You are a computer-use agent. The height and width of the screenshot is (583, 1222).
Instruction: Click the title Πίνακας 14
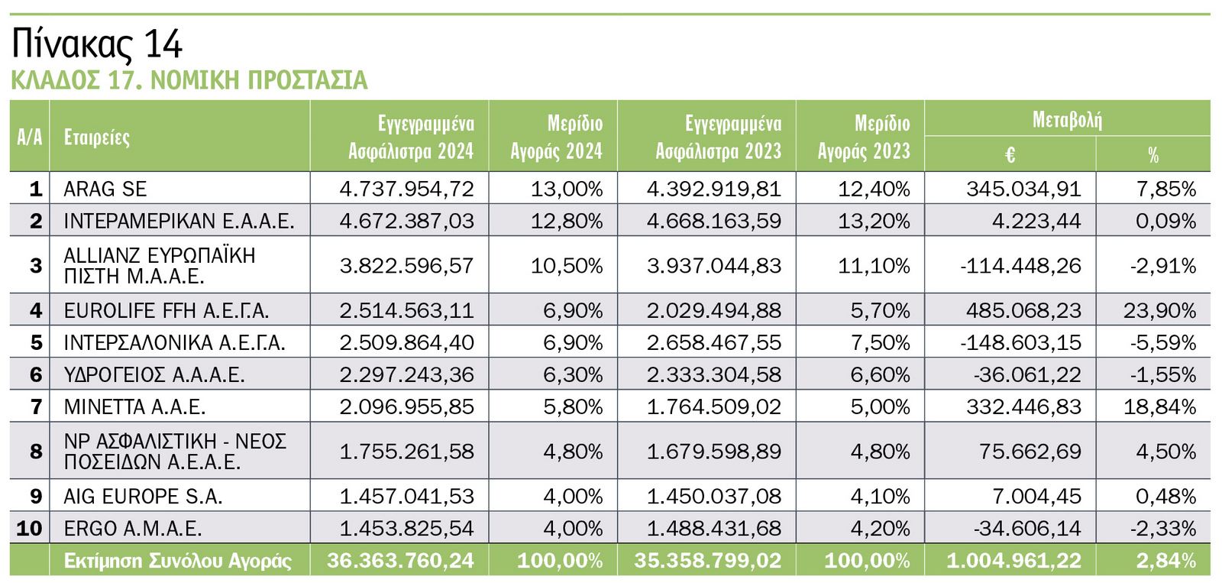(97, 44)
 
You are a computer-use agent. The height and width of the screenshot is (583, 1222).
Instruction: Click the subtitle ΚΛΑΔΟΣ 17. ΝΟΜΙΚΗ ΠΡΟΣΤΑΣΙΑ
(189, 80)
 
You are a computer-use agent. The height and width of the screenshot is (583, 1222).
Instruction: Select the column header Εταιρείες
(97, 137)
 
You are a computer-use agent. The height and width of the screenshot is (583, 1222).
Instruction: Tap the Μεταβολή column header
(1066, 120)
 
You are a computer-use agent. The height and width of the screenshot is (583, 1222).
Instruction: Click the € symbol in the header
(1009, 155)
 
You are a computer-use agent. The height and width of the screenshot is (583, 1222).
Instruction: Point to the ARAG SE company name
(105, 189)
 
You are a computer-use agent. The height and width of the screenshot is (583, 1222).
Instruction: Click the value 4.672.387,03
(406, 221)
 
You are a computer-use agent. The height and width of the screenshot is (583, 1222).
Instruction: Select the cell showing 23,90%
(1159, 310)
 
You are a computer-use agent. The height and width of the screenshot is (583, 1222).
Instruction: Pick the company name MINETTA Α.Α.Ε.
(134, 406)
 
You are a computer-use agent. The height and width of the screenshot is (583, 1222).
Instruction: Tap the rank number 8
(36, 452)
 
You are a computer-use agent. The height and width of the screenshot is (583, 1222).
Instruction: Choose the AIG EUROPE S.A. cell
(143, 497)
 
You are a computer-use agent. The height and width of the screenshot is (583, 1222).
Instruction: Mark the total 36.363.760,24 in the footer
(400, 561)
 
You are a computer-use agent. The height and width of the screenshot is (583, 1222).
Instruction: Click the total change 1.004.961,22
(1013, 561)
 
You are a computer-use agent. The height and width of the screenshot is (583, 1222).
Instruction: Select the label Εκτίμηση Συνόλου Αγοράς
(177, 561)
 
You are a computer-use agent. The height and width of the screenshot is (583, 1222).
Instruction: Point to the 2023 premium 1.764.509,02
(713, 406)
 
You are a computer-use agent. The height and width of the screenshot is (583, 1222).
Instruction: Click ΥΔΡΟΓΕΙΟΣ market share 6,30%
(573, 374)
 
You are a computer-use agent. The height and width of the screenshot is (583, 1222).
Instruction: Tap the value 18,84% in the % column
(1159, 406)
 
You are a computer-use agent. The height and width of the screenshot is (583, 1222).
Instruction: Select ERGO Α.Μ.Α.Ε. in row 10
(133, 528)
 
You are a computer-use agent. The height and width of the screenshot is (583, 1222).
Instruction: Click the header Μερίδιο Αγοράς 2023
(864, 137)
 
